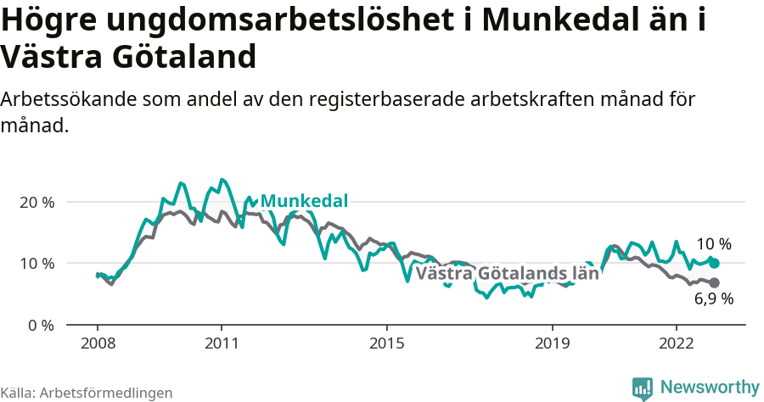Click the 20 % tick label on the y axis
[x=37, y=203]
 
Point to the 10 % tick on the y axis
[x=37, y=264]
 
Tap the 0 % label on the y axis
[x=40, y=325]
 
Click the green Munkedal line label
[x=304, y=201]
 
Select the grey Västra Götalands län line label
[x=507, y=273]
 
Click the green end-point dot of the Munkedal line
[x=715, y=264]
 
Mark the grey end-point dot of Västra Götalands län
[x=715, y=282]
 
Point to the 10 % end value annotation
[x=714, y=244]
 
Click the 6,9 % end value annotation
[x=714, y=299]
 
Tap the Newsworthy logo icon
[x=643, y=388]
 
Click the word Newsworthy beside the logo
[x=710, y=388]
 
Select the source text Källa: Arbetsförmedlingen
[x=87, y=393]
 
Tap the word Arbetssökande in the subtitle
[x=68, y=99]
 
